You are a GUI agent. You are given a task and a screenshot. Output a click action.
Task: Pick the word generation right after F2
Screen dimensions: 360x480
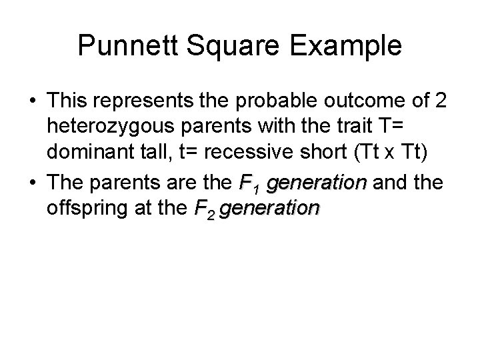click(x=269, y=209)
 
